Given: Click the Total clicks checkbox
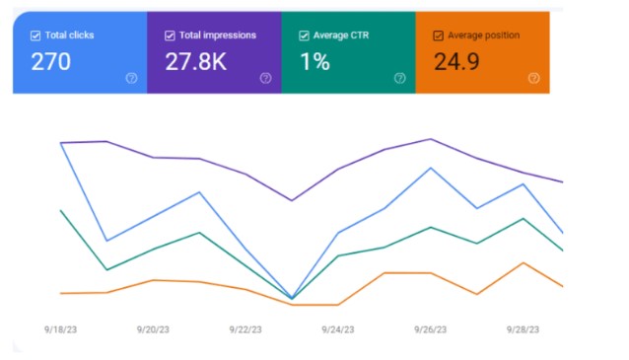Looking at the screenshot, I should pyautogui.click(x=35, y=36).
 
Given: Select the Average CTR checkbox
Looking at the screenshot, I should pyautogui.click(x=304, y=36).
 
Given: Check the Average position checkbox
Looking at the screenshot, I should pyautogui.click(x=438, y=36).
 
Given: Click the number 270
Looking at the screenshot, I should pyautogui.click(x=51, y=62).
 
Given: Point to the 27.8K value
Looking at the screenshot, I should pyautogui.click(x=196, y=62).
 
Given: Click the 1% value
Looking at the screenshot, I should pyautogui.click(x=315, y=62).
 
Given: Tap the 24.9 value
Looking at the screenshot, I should pyautogui.click(x=457, y=62).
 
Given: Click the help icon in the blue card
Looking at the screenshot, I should pyautogui.click(x=131, y=78).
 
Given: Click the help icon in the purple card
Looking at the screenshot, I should pyautogui.click(x=265, y=78).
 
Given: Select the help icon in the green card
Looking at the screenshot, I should pyautogui.click(x=399, y=78).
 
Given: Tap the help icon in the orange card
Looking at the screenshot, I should pyautogui.click(x=533, y=78).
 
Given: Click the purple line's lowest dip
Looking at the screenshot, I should pyautogui.click(x=292, y=200).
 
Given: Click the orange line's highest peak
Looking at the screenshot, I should pyautogui.click(x=524, y=263).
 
